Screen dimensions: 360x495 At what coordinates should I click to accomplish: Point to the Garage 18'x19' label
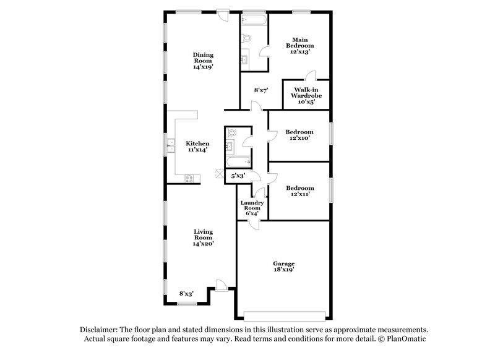(284, 266)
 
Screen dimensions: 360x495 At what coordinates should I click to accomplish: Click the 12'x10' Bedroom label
(299, 135)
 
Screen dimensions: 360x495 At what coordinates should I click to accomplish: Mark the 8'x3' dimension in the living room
(186, 294)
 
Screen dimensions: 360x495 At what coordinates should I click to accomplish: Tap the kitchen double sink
(170, 147)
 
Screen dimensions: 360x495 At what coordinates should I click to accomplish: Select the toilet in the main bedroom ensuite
(246, 38)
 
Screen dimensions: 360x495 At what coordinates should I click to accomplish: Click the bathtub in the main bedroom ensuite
(254, 20)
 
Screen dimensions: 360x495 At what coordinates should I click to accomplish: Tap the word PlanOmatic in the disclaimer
(407, 340)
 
